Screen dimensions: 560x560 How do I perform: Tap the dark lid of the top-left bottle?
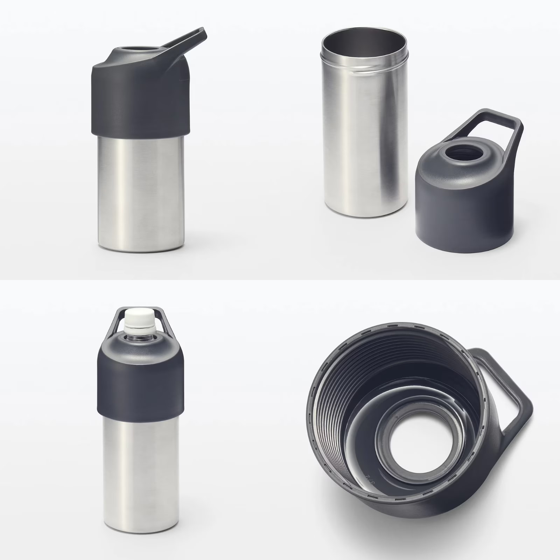[x=140, y=94]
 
